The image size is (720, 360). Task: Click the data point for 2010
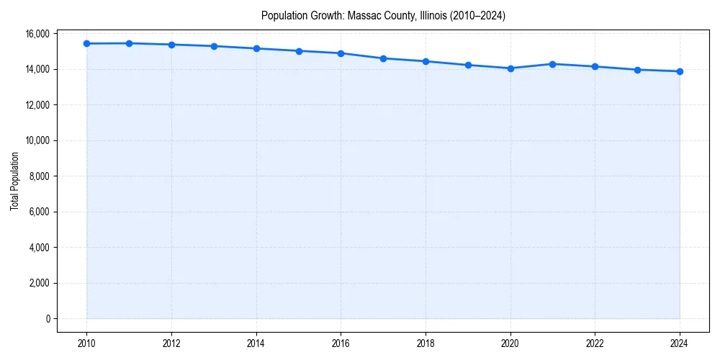click(x=86, y=43)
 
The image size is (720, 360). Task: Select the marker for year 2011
click(x=129, y=43)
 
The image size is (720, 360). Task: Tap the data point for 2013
click(x=214, y=46)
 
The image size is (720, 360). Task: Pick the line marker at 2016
click(x=341, y=53)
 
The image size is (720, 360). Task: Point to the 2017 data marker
click(x=383, y=58)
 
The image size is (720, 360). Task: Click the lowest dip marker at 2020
click(x=510, y=68)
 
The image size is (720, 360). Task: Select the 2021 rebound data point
click(x=552, y=64)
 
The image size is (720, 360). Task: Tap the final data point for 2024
click(x=680, y=71)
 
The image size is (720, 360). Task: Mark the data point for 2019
click(x=468, y=65)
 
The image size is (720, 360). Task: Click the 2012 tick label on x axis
click(x=171, y=343)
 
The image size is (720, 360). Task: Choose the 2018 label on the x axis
click(x=426, y=343)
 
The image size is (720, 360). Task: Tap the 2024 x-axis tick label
click(x=680, y=343)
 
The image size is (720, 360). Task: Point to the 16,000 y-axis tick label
click(x=37, y=34)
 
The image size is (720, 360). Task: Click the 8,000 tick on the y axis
click(x=39, y=176)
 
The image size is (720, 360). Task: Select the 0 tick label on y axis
click(x=48, y=318)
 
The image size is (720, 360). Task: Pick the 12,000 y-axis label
click(x=37, y=105)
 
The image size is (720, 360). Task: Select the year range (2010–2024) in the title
click(x=480, y=15)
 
